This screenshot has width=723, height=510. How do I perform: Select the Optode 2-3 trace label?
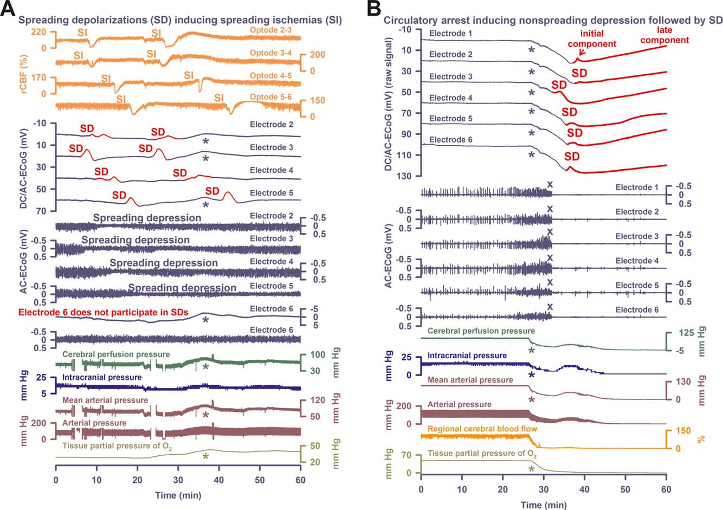(x=270, y=30)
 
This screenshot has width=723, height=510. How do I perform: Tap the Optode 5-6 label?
(x=270, y=97)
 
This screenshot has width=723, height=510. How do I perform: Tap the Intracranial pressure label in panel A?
(x=102, y=377)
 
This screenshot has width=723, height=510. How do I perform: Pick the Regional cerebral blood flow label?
(x=482, y=429)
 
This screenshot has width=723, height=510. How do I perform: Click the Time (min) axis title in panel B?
(x=543, y=505)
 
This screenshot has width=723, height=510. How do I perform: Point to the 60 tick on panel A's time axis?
(x=300, y=480)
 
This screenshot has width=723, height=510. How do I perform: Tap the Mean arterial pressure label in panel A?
(x=105, y=400)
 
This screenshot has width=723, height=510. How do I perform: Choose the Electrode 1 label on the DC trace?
(x=450, y=34)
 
